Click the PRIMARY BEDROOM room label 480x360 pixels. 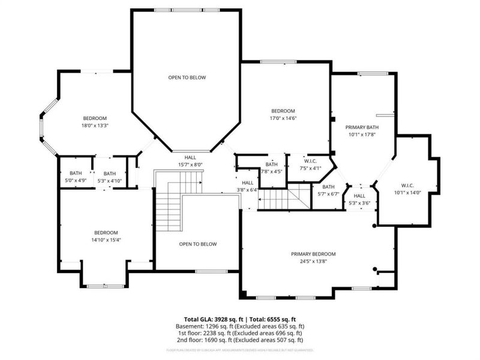313,254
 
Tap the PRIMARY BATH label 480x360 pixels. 362,127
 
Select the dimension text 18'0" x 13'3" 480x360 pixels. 95,125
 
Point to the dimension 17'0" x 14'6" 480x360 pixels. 283,118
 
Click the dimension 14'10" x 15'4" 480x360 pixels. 106,240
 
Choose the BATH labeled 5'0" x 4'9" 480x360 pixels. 76,173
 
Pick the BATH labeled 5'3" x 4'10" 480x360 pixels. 109,173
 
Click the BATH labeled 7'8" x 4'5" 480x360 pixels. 272,164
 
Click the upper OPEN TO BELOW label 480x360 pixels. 187,77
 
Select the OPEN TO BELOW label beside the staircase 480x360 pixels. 198,244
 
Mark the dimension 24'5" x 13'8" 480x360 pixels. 313,261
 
